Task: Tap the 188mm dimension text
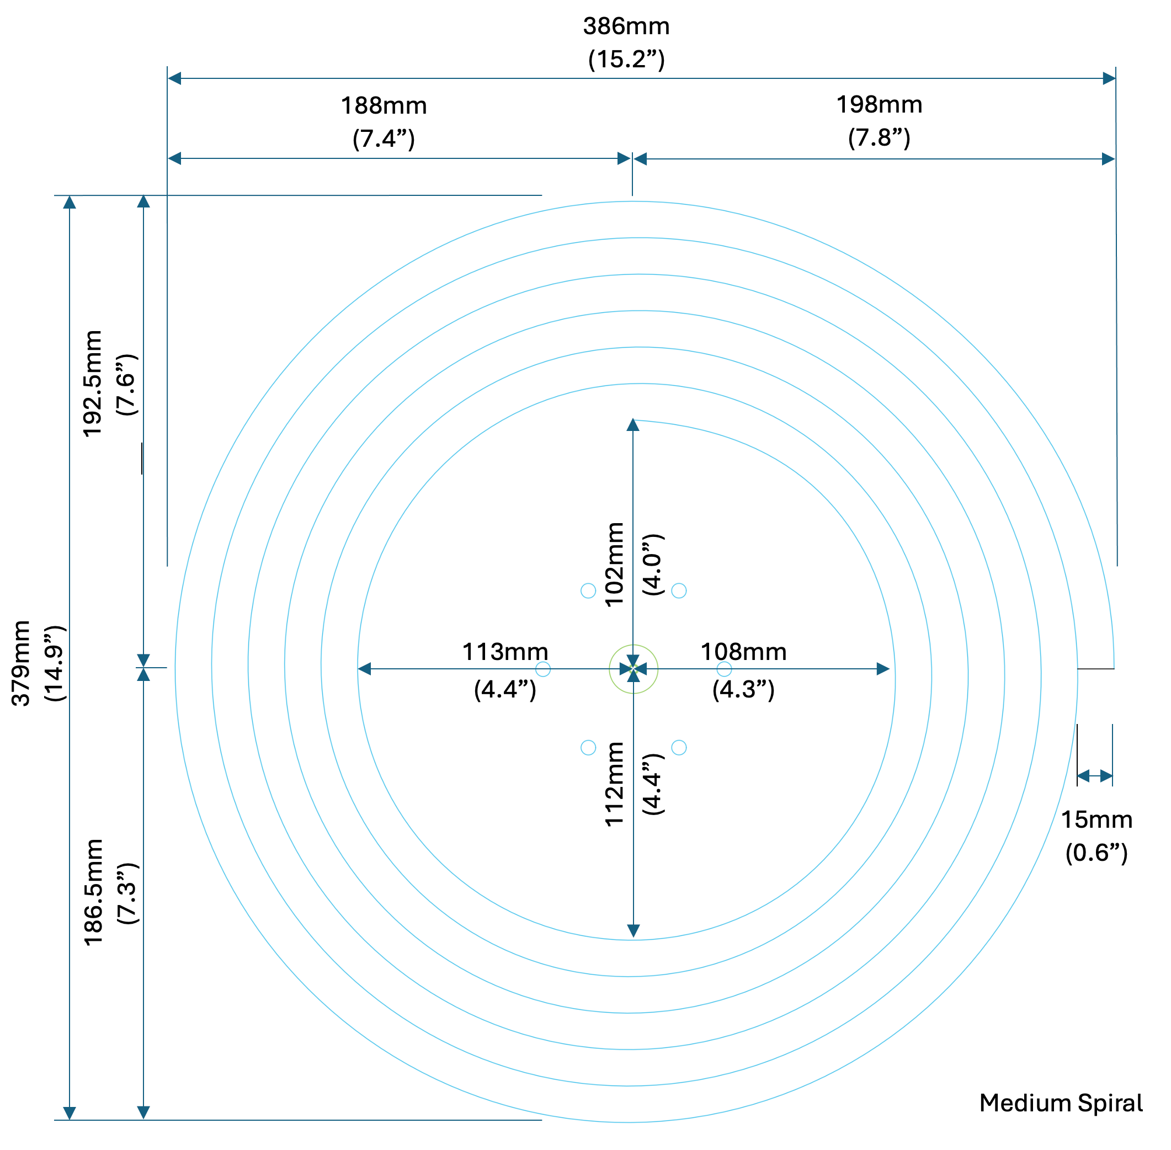pyautogui.click(x=384, y=107)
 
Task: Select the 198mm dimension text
pyautogui.click(x=879, y=105)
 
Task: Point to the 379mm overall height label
pyautogui.click(x=22, y=663)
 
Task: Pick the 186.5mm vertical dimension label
pyautogui.click(x=94, y=892)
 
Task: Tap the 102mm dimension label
pyautogui.click(x=614, y=564)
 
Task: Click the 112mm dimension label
pyautogui.click(x=614, y=784)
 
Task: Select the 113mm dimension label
pyautogui.click(x=505, y=652)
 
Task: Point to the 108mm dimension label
pyautogui.click(x=743, y=652)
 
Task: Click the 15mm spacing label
pyautogui.click(x=1097, y=819)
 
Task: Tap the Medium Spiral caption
pyautogui.click(x=1061, y=1103)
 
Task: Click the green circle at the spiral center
pyautogui.click(x=633, y=669)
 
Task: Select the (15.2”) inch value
pyautogui.click(x=626, y=59)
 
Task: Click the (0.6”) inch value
pyautogui.click(x=1096, y=852)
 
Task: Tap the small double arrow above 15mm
pyautogui.click(x=1094, y=775)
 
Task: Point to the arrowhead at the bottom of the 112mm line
pyautogui.click(x=633, y=931)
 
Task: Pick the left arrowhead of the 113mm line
pyautogui.click(x=364, y=669)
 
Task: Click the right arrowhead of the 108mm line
pyautogui.click(x=883, y=669)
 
